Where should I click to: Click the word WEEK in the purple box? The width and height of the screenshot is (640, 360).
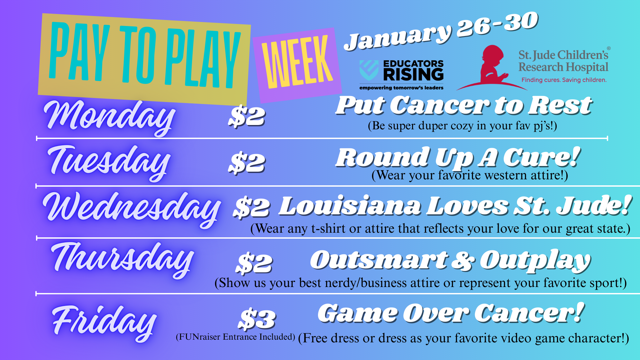click(x=297, y=63)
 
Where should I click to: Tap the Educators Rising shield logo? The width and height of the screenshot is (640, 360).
click(x=369, y=70)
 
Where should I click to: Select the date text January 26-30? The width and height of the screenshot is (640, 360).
click(x=441, y=31)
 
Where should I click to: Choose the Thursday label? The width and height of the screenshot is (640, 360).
click(x=122, y=259)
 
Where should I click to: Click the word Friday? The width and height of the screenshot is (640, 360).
click(x=104, y=322)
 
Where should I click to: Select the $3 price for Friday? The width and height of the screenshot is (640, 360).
click(x=257, y=318)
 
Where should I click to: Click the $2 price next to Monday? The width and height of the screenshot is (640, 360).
click(x=247, y=116)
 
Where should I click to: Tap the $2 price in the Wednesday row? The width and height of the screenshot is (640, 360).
click(x=251, y=207)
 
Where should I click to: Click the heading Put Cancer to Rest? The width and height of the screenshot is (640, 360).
click(x=464, y=105)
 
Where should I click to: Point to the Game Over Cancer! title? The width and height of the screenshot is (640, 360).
click(x=451, y=313)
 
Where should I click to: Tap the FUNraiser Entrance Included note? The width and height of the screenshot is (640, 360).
click(x=235, y=337)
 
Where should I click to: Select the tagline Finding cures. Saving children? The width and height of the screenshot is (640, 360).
click(x=564, y=80)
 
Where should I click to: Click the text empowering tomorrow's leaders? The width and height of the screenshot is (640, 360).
click(x=401, y=88)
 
